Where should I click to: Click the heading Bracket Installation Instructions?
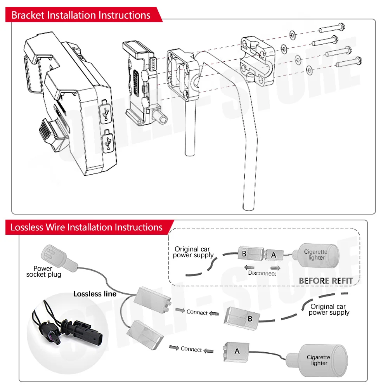81,16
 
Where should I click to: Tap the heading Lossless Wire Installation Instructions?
86,227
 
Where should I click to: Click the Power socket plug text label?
43,271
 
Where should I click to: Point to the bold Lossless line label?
95,294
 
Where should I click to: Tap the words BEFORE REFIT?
326,281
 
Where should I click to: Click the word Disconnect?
262,273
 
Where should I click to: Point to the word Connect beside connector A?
191,349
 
